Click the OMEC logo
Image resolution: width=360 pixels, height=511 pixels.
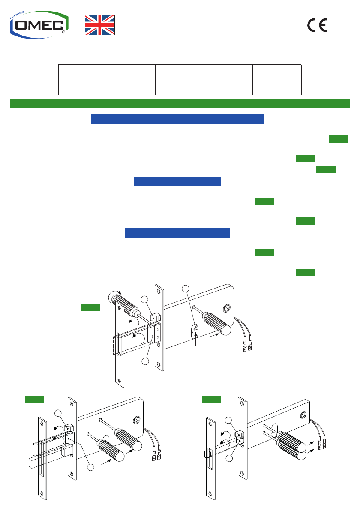click(x=39, y=24)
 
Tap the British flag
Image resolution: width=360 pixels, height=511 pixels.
click(x=100, y=25)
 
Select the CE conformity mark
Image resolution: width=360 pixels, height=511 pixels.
click(x=317, y=25)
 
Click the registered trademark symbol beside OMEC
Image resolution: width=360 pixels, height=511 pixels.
click(x=63, y=32)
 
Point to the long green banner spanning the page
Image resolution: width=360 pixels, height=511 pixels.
click(x=180, y=103)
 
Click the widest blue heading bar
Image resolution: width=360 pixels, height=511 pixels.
click(x=177, y=119)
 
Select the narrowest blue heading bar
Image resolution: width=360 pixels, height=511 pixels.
click(x=177, y=181)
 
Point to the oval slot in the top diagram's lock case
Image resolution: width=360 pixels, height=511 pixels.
click(x=195, y=331)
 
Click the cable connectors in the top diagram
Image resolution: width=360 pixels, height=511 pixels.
click(x=247, y=346)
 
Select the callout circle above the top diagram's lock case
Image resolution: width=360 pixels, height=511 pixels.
click(x=185, y=289)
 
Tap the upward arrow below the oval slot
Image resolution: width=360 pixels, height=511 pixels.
click(x=195, y=340)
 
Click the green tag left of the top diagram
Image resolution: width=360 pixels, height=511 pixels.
click(x=90, y=307)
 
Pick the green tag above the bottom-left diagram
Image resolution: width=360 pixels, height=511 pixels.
click(x=35, y=400)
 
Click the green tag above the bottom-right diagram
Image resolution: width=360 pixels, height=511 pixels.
click(x=211, y=400)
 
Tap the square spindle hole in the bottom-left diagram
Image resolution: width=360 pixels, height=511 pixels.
click(x=136, y=420)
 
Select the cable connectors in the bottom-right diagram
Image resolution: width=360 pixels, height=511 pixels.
click(x=321, y=444)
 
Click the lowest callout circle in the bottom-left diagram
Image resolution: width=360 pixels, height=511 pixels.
click(x=90, y=467)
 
